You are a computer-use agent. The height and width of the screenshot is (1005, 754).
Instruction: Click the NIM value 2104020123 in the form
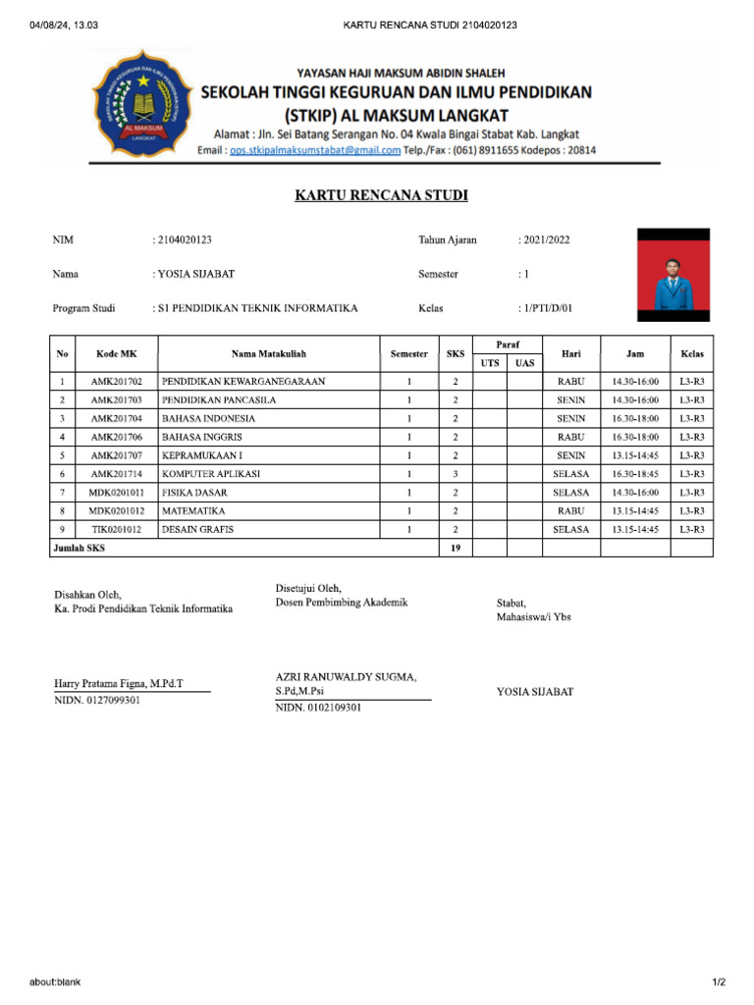pyautogui.click(x=186, y=239)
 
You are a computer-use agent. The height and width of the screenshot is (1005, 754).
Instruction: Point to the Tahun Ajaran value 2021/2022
pyautogui.click(x=546, y=239)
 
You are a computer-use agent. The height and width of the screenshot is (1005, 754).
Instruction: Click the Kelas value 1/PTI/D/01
pyautogui.click(x=548, y=308)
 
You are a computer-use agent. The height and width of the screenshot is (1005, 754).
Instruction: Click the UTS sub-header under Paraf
pyautogui.click(x=489, y=363)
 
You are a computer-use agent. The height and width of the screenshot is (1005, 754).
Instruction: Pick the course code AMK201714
pyautogui.click(x=116, y=474)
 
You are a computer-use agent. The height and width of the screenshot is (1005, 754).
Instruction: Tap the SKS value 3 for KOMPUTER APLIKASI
pyautogui.click(x=456, y=474)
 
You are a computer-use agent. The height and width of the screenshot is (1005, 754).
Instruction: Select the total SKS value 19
pyautogui.click(x=456, y=549)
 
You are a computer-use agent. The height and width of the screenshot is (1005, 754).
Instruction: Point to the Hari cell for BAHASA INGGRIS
pyautogui.click(x=570, y=437)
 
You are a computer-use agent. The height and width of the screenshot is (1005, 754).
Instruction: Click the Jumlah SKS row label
pyautogui.click(x=79, y=549)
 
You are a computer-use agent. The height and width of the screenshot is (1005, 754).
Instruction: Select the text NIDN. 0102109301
pyautogui.click(x=318, y=707)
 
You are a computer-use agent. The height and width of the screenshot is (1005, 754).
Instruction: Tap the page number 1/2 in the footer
pyautogui.click(x=718, y=982)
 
